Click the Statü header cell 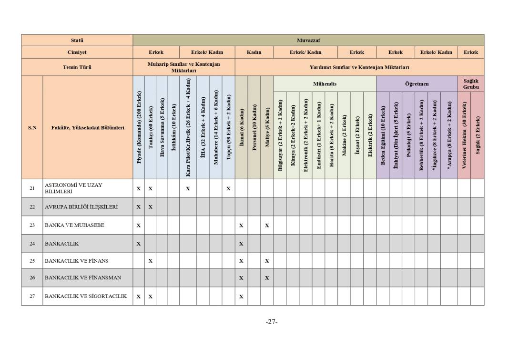point(77,40)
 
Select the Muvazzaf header point(308,40)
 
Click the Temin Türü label point(77,67)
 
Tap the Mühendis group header point(325,84)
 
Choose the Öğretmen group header point(417,84)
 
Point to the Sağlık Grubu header point(470,84)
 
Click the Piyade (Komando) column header point(139,127)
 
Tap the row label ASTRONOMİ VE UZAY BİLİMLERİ point(73,188)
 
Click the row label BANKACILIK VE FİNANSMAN point(83,278)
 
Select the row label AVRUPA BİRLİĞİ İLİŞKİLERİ point(81,207)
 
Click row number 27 point(32,296)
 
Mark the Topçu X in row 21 point(228,188)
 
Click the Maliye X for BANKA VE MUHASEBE point(267,225)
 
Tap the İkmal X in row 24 point(241,244)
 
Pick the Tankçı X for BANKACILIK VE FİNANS point(150,261)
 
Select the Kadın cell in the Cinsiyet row point(254,52)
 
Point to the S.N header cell point(32,128)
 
